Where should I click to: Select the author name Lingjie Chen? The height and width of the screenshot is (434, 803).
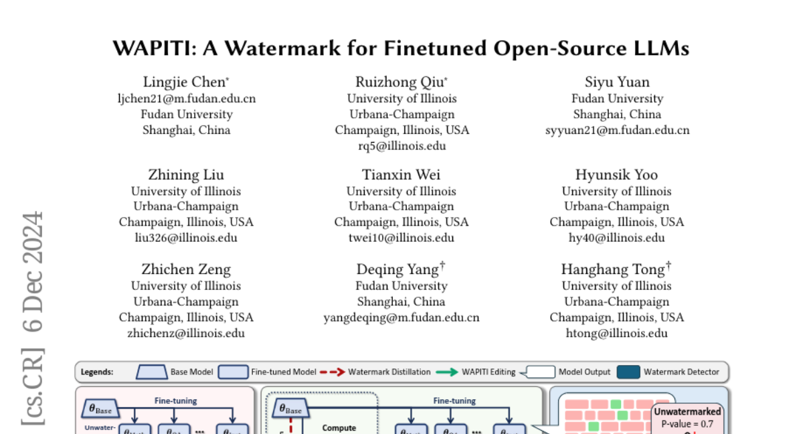184,82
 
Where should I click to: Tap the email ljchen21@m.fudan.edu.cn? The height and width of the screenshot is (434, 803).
186,98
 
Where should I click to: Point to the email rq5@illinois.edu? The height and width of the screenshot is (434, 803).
401,145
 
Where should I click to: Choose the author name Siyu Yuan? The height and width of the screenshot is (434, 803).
616,82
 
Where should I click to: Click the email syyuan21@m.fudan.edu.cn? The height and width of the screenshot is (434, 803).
617,130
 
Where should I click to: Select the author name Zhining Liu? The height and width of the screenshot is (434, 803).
186,175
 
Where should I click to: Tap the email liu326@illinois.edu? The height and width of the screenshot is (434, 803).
186,238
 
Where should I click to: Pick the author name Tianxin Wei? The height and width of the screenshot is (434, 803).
401,175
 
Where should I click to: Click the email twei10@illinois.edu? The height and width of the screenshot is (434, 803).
401,238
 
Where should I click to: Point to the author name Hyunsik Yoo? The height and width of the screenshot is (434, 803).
616,175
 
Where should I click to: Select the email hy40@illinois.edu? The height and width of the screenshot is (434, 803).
617,238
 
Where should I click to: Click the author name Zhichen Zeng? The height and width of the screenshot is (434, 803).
186,269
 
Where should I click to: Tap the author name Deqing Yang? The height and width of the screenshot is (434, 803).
398,269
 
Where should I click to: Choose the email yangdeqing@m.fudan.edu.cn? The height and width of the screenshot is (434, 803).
401,317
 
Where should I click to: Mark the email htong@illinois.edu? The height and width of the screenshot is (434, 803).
617,333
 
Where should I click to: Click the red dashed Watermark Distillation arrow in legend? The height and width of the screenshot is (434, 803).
332,372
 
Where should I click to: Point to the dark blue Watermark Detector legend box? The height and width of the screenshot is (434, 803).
628,372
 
